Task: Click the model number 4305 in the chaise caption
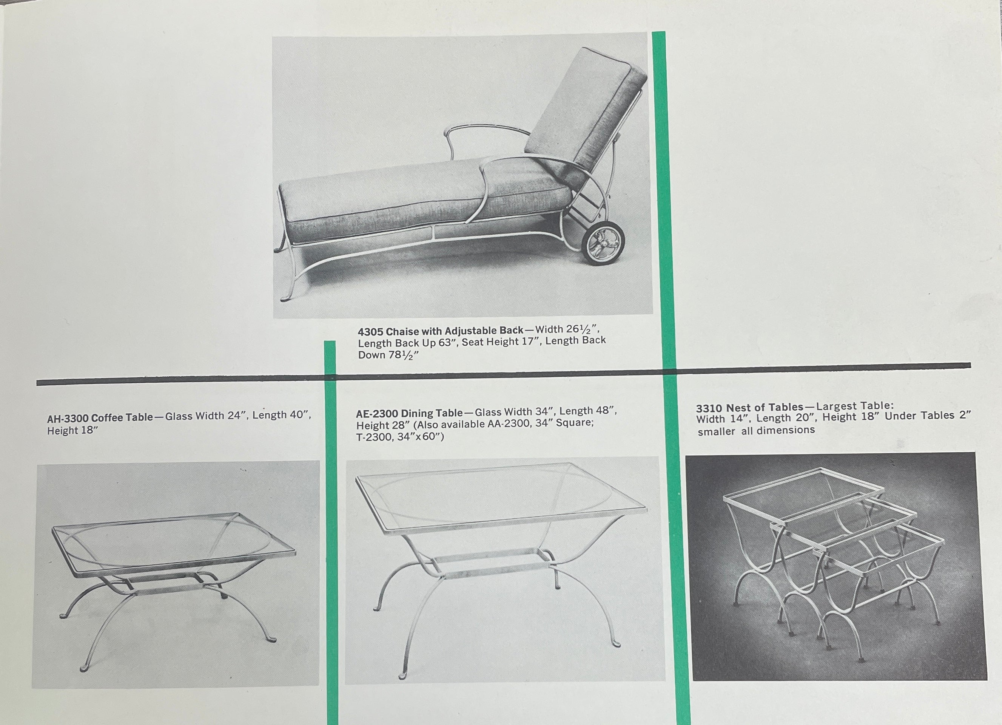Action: tap(370, 332)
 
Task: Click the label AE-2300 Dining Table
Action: tap(410, 413)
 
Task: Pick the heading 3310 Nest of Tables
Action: tap(749, 407)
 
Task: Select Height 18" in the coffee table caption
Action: tap(72, 431)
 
